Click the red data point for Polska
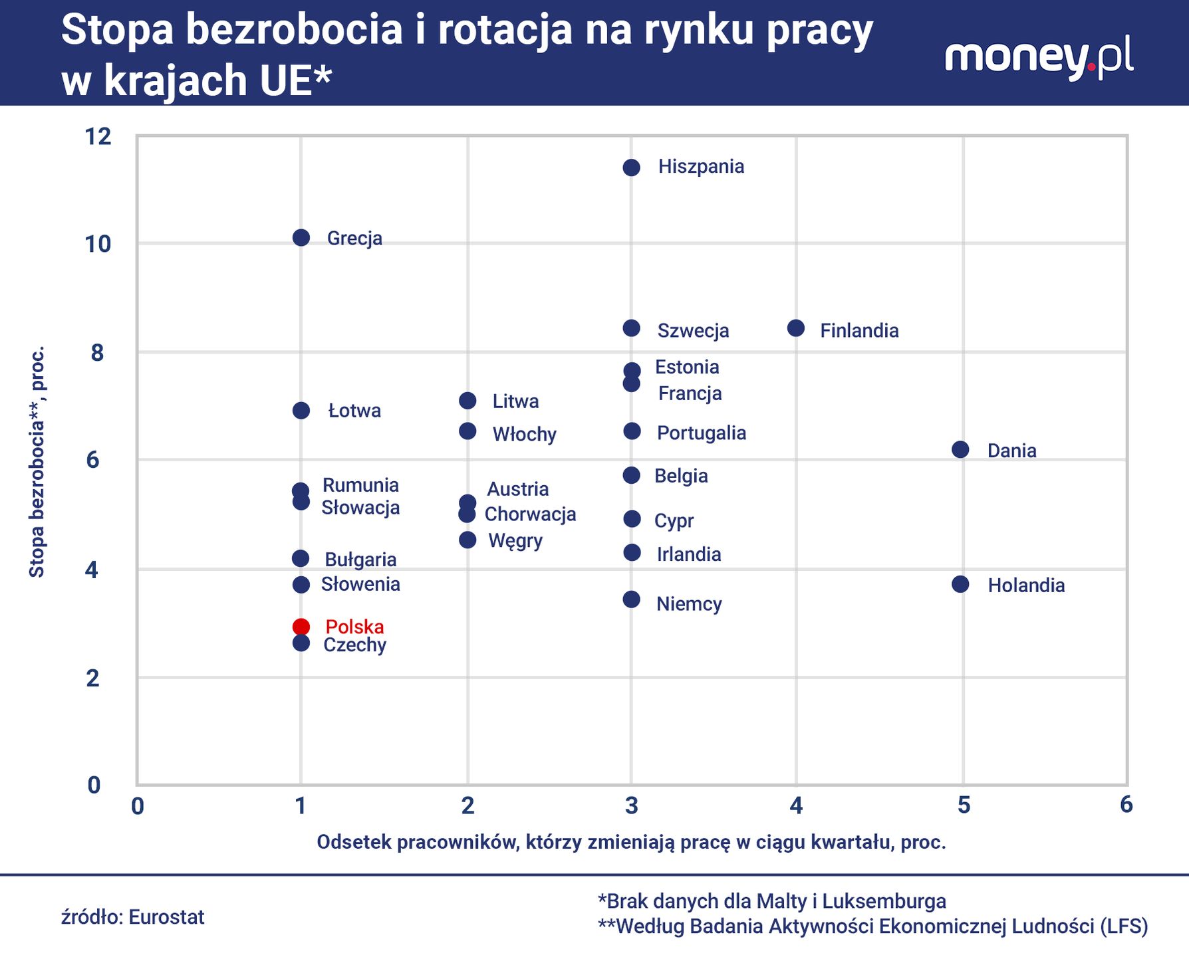click(x=301, y=627)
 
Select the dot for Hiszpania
click(x=631, y=167)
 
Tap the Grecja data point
click(x=301, y=238)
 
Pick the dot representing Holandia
click(x=960, y=584)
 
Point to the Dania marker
click(x=960, y=450)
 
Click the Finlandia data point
click(x=796, y=328)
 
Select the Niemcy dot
click(x=631, y=600)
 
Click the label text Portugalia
click(x=701, y=433)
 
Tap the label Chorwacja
click(x=530, y=514)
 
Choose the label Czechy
click(x=354, y=645)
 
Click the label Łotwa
click(x=354, y=411)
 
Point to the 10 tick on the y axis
click(x=98, y=244)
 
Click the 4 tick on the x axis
click(x=796, y=805)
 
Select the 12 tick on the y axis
click(x=98, y=137)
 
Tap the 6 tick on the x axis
click(x=1126, y=805)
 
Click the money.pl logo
click(x=1039, y=58)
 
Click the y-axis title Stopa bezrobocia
click(x=37, y=461)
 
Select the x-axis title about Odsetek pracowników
click(x=631, y=842)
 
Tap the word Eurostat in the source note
click(x=166, y=917)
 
